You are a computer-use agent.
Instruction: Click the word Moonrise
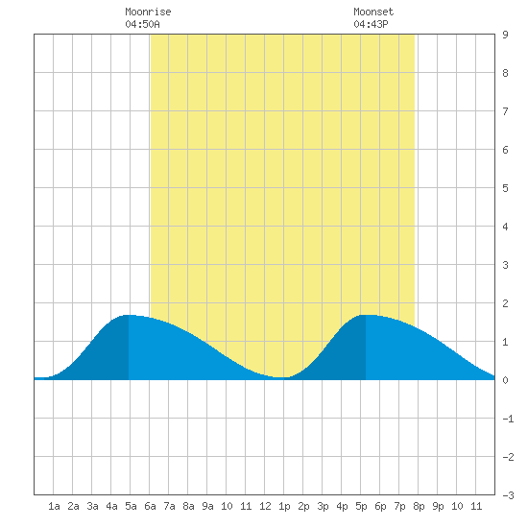pos(148,12)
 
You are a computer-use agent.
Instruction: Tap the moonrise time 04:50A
pos(142,24)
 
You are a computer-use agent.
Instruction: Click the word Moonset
pos(373,12)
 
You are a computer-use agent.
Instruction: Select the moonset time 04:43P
pos(371,24)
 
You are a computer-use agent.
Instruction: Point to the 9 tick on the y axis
pos(505,35)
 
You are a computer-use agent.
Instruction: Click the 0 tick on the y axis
pos(505,380)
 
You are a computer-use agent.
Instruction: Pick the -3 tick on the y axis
pos(508,495)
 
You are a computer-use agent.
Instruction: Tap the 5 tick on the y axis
pos(505,188)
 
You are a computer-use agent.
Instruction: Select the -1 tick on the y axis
pos(508,419)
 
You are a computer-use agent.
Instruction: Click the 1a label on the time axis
pos(54,506)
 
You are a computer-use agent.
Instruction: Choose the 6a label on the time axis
pos(150,506)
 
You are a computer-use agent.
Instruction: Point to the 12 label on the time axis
pos(265,506)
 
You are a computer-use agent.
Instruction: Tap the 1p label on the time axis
pos(284,506)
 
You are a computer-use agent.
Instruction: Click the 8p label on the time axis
pos(419,506)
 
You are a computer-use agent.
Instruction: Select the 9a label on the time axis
pos(207,506)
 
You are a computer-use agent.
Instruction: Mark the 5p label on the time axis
pos(361,506)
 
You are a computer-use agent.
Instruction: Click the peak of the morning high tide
pos(129,315)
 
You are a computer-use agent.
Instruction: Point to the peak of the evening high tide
pos(367,315)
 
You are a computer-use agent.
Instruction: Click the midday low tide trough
pos(280,377)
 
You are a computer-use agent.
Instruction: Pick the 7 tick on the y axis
pos(505,111)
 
